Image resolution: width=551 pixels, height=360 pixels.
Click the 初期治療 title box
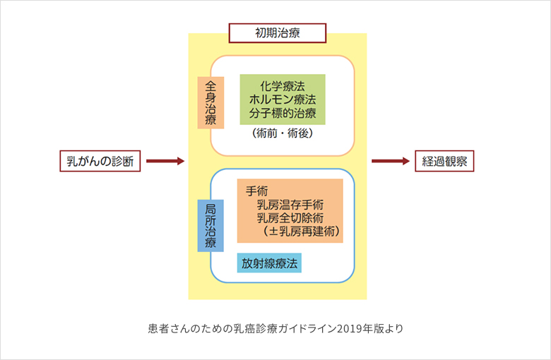pyautogui.click(x=277, y=32)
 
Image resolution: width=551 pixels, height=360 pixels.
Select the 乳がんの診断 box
pyautogui.click(x=100, y=161)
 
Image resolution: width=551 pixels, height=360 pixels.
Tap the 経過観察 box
pyautogui.click(x=444, y=161)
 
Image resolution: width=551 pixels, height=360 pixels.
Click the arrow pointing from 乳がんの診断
pyautogui.click(x=165, y=162)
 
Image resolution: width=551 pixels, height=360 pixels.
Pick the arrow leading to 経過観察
pyautogui.click(x=391, y=162)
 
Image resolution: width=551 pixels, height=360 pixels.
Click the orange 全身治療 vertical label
pyautogui.click(x=211, y=102)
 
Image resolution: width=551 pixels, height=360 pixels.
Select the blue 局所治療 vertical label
pyautogui.click(x=211, y=226)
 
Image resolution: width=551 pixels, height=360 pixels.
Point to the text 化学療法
pyautogui.click(x=283, y=85)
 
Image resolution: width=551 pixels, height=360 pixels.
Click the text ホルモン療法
pyautogui.click(x=283, y=99)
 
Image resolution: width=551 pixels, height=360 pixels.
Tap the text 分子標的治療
pyautogui.click(x=283, y=113)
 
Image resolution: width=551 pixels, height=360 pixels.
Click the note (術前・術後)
pyautogui.click(x=283, y=133)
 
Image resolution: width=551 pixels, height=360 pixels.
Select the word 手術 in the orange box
pyautogui.click(x=256, y=191)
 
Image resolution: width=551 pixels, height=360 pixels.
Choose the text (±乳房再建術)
pyautogui.click(x=300, y=231)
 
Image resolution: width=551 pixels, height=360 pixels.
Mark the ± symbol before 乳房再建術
pyautogui.click(x=272, y=231)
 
